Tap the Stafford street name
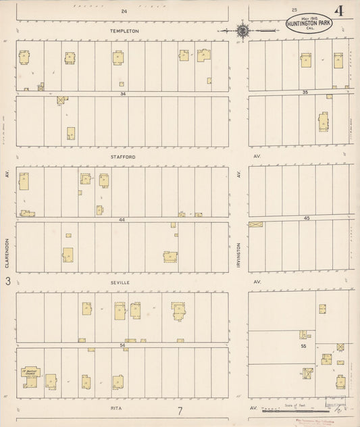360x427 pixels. point(124,157)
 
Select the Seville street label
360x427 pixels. point(122,282)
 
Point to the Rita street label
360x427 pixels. point(122,408)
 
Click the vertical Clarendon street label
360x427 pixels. point(7,252)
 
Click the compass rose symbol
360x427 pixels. point(242,30)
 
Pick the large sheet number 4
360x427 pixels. point(338,11)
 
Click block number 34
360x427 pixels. point(123,94)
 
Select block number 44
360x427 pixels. point(122,220)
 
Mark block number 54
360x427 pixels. point(122,345)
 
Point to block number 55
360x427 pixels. point(303,345)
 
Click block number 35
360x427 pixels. point(305,92)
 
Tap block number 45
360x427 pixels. point(305,218)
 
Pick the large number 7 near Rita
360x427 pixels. point(180,411)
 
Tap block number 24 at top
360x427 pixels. point(124,11)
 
